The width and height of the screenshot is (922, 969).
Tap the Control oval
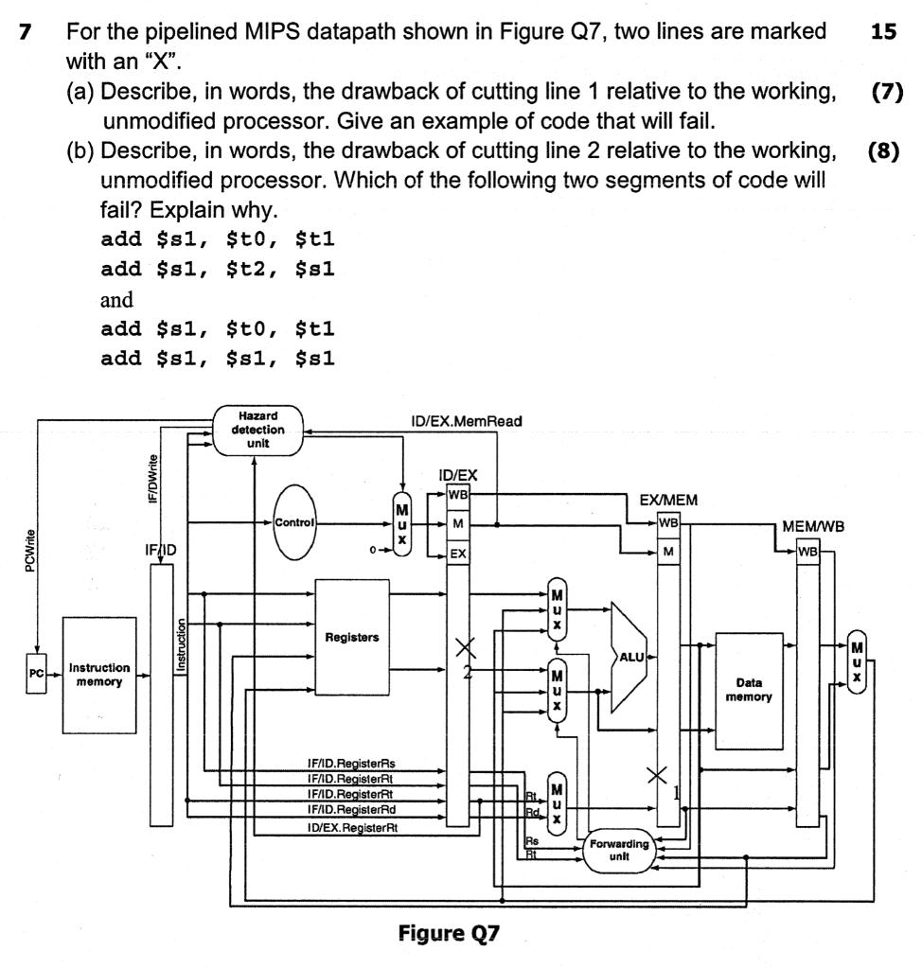click(295, 521)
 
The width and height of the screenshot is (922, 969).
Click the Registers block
click(352, 638)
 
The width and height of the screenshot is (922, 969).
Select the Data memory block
click(749, 689)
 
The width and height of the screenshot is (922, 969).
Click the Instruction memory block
click(99, 675)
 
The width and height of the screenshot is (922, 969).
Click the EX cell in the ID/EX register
click(458, 555)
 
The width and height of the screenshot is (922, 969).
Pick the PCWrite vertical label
click(33, 548)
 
